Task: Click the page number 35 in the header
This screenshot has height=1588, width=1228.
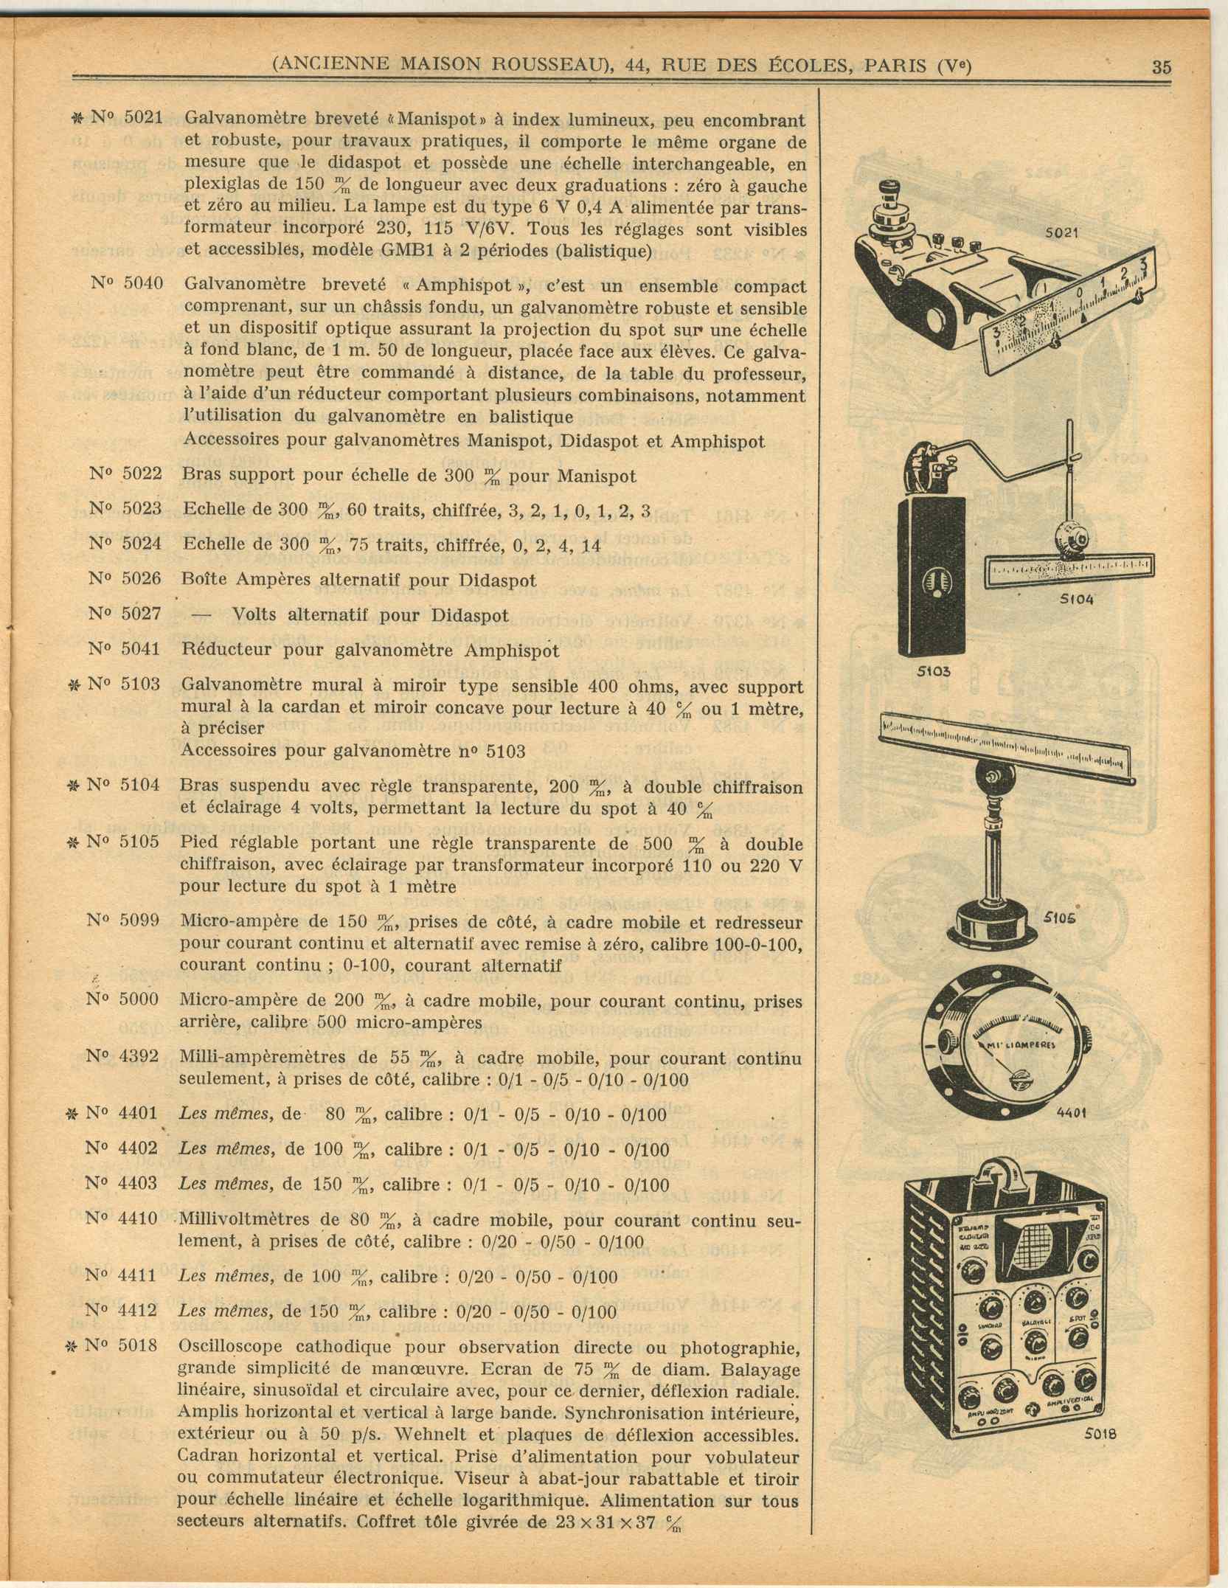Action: pyautogui.click(x=1161, y=67)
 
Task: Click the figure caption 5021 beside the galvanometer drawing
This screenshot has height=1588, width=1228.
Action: pyautogui.click(x=1061, y=233)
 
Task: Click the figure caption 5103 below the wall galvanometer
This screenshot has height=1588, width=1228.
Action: pyautogui.click(x=934, y=671)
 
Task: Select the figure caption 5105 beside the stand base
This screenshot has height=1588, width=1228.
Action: pyautogui.click(x=1059, y=918)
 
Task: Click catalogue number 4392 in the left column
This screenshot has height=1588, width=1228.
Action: pyautogui.click(x=139, y=1055)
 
